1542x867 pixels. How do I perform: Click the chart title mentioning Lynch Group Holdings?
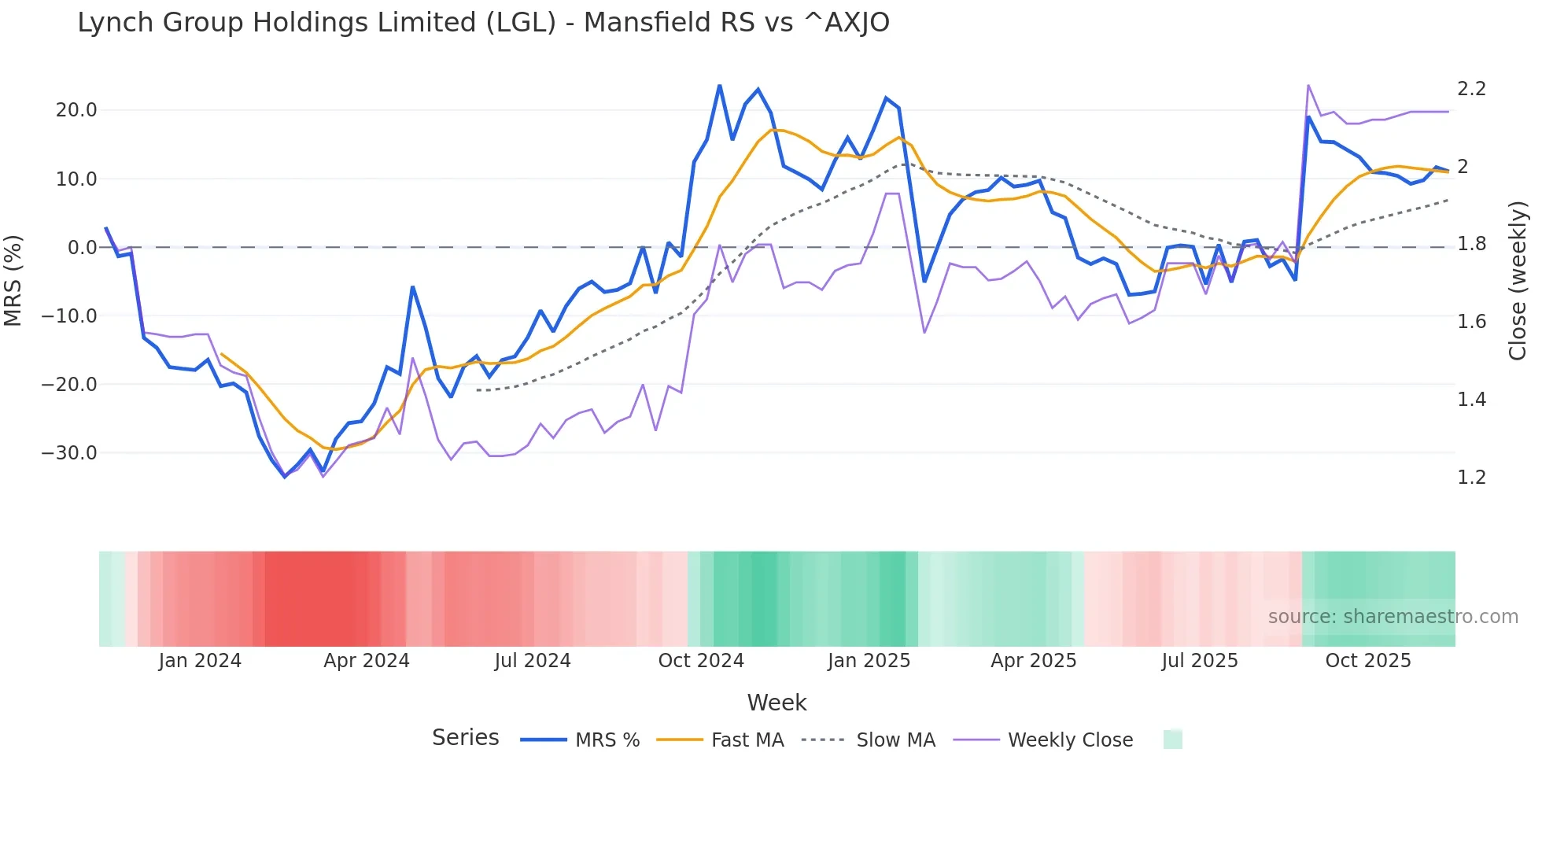[x=483, y=23]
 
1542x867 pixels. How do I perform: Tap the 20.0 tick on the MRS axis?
[x=76, y=110]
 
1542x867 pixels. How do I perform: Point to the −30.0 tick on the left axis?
[x=69, y=453]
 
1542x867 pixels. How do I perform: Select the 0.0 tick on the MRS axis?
[x=82, y=248]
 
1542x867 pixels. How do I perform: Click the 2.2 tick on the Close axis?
[x=1471, y=89]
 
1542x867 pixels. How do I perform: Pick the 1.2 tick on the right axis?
[x=1471, y=478]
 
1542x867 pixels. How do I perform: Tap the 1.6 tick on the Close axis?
[x=1471, y=322]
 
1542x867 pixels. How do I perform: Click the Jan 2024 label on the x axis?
[x=200, y=661]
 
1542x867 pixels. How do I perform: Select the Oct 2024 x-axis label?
[x=701, y=661]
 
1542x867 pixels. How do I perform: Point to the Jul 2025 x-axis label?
[x=1200, y=661]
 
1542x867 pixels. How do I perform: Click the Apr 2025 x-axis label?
[x=1033, y=661]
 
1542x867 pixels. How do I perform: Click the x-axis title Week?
[x=777, y=703]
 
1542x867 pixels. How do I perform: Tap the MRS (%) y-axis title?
[x=13, y=281]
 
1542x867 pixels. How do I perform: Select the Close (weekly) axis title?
[x=1518, y=281]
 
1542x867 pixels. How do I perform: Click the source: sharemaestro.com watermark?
[x=1393, y=617]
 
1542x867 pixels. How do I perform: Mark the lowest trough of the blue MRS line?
[x=286, y=477]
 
